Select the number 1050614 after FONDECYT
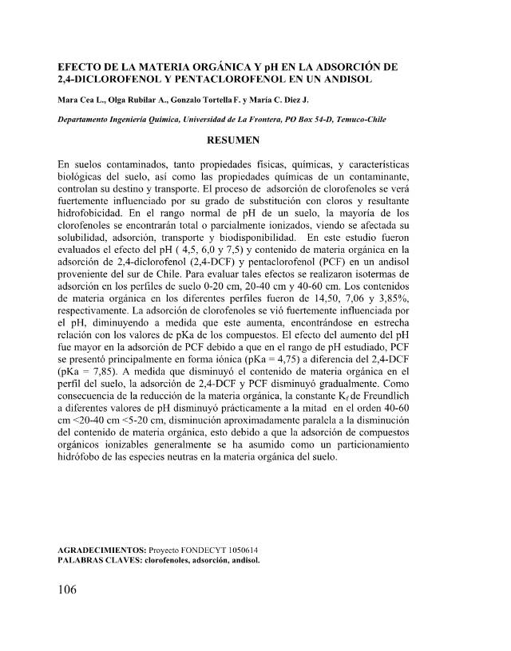pyautogui.click(x=242, y=550)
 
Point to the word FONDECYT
pyautogui.click(x=200, y=550)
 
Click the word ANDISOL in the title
pyautogui.click(x=370, y=80)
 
